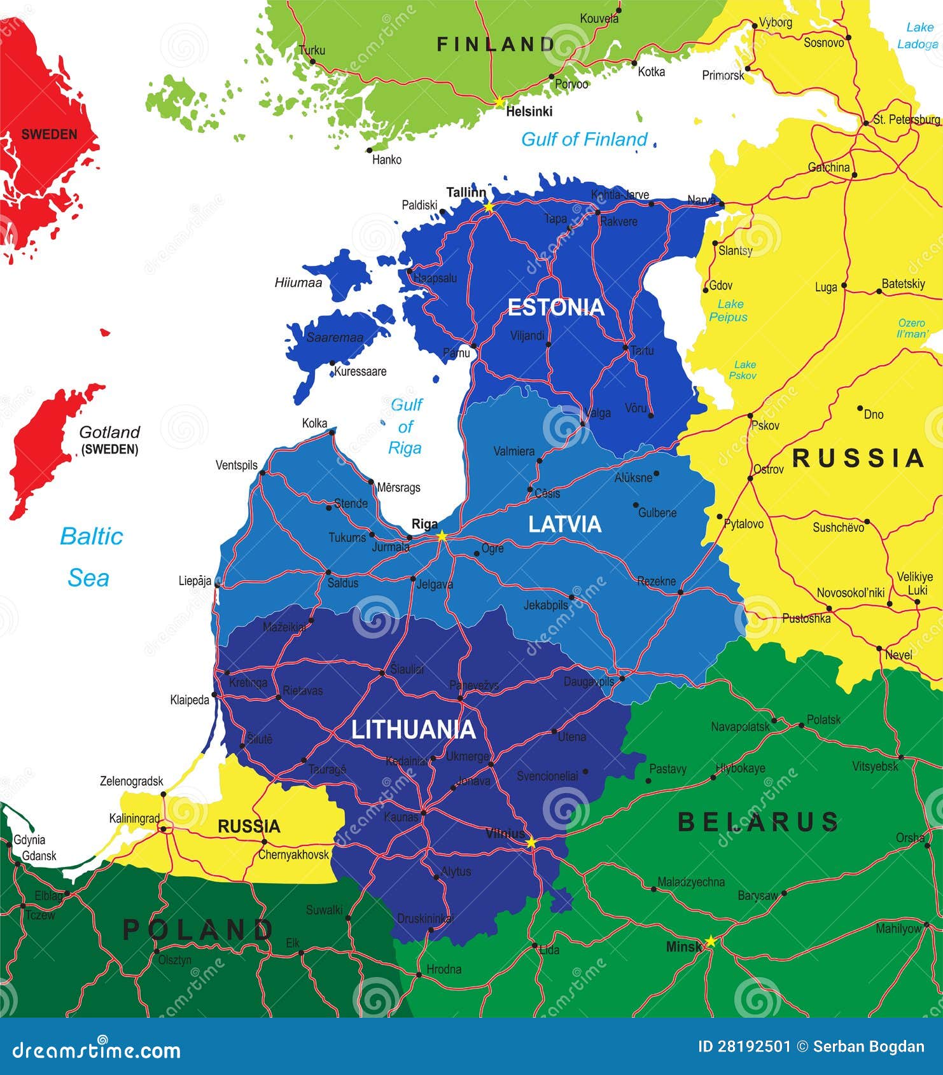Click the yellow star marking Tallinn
[x=489, y=207]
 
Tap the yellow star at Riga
[x=442, y=536]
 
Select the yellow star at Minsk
[x=711, y=941]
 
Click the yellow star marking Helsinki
[x=499, y=102]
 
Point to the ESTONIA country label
[x=555, y=307]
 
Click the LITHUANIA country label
[x=414, y=730]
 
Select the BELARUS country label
[x=758, y=822]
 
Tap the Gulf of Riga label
[x=406, y=426]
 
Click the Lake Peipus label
[x=729, y=310]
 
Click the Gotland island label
[x=109, y=433]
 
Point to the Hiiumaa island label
[x=298, y=282]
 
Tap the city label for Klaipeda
[x=190, y=700]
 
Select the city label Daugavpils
[x=589, y=681]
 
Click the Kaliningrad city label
[x=134, y=819]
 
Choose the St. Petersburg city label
[x=906, y=120]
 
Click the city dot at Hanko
[x=369, y=151]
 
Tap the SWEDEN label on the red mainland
[x=49, y=134]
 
